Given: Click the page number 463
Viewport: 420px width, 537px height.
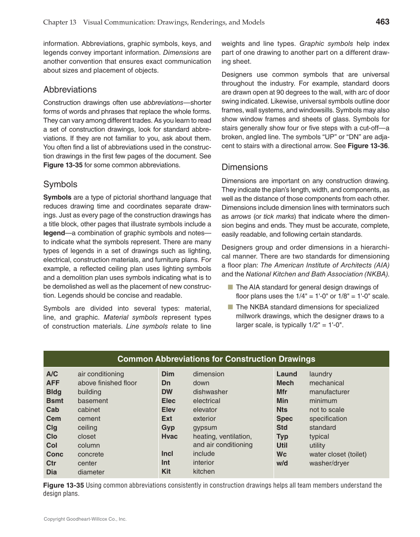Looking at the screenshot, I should [x=382, y=22].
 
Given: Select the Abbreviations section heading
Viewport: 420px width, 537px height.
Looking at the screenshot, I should [x=70, y=89].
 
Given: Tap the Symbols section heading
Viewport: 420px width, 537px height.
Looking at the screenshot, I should [x=60, y=184].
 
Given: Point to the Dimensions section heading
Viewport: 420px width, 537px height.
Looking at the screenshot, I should [x=244, y=167].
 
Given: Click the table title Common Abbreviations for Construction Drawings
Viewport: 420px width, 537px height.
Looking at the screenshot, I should [x=216, y=359].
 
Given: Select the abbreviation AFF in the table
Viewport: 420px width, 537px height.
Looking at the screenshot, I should [x=53, y=383].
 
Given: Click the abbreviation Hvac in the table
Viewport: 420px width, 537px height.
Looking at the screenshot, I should [x=169, y=436].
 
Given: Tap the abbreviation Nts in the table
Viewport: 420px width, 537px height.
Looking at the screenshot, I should [x=282, y=410].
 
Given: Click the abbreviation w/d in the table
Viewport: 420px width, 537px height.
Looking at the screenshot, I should [x=282, y=463].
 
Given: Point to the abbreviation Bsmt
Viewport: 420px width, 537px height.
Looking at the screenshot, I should [x=54, y=401].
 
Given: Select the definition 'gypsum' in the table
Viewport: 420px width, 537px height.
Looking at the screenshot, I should [x=205, y=427].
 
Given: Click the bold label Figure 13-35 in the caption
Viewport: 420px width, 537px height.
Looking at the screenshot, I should [x=63, y=485].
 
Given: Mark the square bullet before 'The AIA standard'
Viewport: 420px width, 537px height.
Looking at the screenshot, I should [x=230, y=287].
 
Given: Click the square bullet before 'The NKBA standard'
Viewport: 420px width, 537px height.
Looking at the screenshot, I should [x=230, y=307].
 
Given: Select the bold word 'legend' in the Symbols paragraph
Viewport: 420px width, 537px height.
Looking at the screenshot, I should [x=53, y=233].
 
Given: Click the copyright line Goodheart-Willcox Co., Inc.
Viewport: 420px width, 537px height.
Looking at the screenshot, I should [x=85, y=519].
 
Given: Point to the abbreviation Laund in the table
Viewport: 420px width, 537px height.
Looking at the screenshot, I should [x=286, y=374].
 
